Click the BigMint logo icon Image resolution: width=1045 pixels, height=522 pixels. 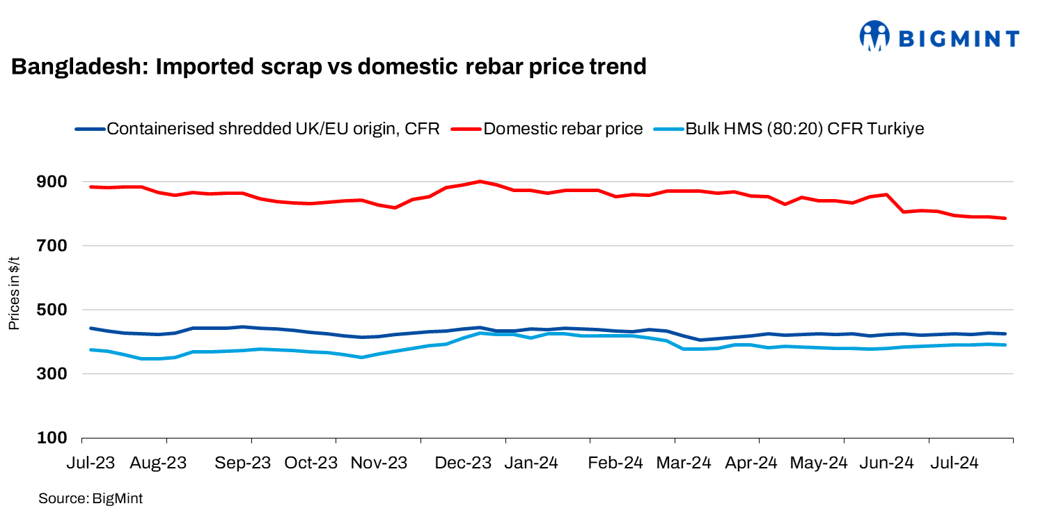875,35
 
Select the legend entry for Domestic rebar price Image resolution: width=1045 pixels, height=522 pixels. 563,129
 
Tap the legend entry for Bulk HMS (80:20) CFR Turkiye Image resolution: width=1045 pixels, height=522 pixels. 805,129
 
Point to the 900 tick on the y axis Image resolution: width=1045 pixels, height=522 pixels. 52,182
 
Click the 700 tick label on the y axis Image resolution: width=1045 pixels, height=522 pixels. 52,246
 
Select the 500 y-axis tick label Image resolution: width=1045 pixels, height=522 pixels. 52,310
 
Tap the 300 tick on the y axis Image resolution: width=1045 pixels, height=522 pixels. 52,374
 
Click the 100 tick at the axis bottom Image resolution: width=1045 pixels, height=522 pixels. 52,438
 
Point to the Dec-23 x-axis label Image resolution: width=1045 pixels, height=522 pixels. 463,463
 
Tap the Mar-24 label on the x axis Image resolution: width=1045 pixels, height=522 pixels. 682,463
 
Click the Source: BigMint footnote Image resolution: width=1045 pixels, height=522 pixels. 91,498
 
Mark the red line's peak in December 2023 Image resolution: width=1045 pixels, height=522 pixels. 480,181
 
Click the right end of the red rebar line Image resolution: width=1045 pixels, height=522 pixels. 1005,218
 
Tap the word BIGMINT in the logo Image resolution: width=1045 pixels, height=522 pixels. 959,38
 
